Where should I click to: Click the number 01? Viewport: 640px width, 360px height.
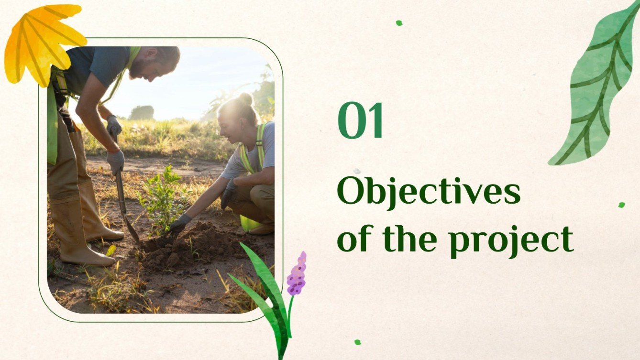[x=360, y=121]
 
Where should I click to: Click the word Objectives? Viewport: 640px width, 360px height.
[x=428, y=191]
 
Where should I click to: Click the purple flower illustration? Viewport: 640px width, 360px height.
[x=297, y=275]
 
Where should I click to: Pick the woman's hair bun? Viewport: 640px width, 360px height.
[x=245, y=99]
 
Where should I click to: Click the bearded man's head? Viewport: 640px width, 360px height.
[x=160, y=62]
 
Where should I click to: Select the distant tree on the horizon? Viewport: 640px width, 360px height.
[x=142, y=112]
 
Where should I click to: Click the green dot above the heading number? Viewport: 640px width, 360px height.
[x=399, y=23]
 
